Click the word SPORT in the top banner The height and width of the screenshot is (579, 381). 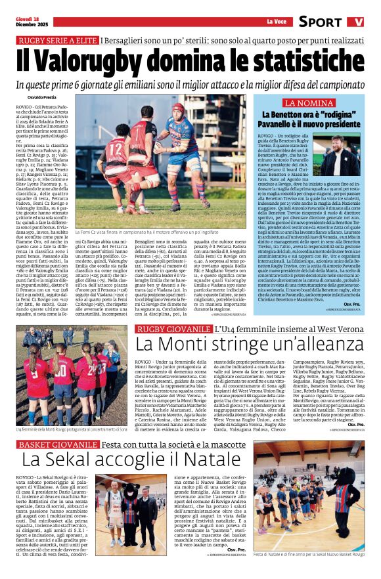click(320, 22)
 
